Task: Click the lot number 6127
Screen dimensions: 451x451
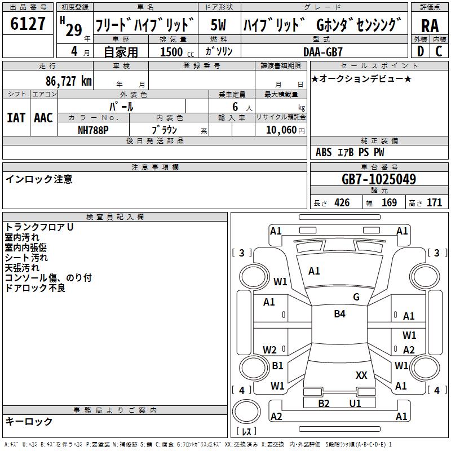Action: coord(28,24)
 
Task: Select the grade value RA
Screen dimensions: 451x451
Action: coord(430,25)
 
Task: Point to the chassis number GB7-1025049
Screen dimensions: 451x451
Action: coord(379,179)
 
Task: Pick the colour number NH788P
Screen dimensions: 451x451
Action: coord(94,129)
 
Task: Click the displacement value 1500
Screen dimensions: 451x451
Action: coord(172,52)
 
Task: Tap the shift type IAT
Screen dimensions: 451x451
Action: coord(16,117)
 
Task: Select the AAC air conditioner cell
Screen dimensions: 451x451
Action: coord(43,117)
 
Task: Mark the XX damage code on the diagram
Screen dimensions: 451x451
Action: coord(361,375)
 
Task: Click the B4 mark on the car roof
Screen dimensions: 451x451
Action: coord(339,314)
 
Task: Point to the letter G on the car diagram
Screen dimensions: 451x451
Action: coord(356,297)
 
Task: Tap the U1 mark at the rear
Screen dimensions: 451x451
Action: coord(355,403)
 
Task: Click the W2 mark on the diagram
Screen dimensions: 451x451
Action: coord(269,350)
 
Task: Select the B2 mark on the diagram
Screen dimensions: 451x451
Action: coord(324,403)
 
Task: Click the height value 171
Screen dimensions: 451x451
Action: coord(434,203)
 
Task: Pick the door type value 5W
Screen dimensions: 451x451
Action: coord(219,25)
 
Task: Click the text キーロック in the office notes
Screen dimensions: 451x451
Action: coord(29,421)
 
